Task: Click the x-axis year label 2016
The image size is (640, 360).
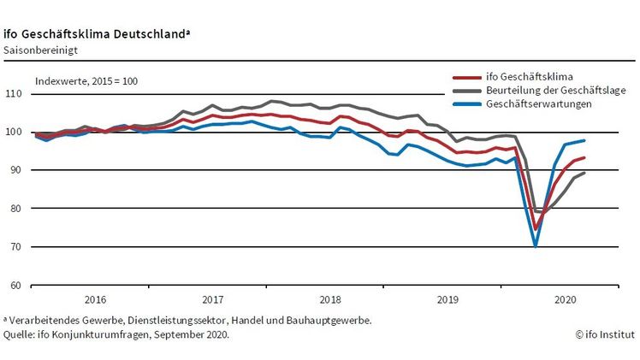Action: point(95,300)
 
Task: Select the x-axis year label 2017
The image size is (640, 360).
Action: point(212,300)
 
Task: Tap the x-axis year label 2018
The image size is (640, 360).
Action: point(329,300)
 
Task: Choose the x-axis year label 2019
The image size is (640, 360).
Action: point(447,300)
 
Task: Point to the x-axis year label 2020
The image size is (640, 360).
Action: point(564,300)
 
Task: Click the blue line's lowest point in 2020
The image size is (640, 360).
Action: point(536,245)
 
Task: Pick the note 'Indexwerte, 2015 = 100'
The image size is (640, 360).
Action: point(86,81)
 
